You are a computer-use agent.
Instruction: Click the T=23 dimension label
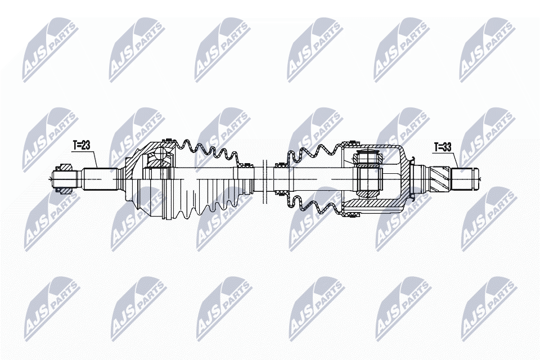pyautogui.click(x=81, y=145)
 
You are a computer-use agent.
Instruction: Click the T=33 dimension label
pyautogui.click(x=443, y=147)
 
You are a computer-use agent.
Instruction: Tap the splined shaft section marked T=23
pyautogui.click(x=100, y=179)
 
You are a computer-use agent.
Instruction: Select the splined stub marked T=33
pyautogui.click(x=465, y=179)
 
